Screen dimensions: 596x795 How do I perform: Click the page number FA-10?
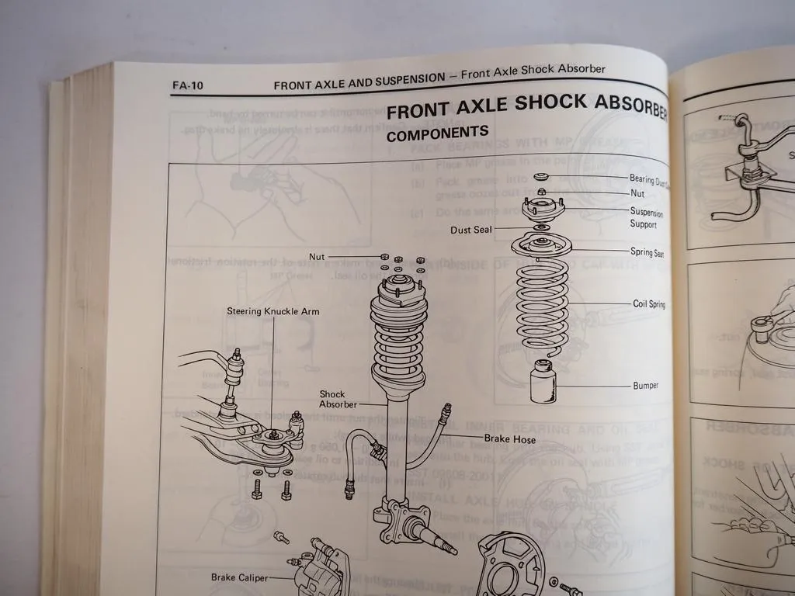point(187,85)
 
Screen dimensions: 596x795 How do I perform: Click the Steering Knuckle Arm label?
point(273,311)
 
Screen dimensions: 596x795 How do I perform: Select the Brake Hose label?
point(509,439)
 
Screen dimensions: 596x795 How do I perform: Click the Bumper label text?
point(645,386)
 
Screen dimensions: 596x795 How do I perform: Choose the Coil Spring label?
point(648,304)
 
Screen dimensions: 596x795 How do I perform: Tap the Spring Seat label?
point(646,252)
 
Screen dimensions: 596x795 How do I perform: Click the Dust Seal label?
point(471,230)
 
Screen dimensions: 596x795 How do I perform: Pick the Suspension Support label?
point(646,217)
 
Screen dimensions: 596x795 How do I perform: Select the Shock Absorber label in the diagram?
point(338,399)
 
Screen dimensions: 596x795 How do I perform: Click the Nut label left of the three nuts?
point(317,256)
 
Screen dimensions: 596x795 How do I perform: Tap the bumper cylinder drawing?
point(543,382)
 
